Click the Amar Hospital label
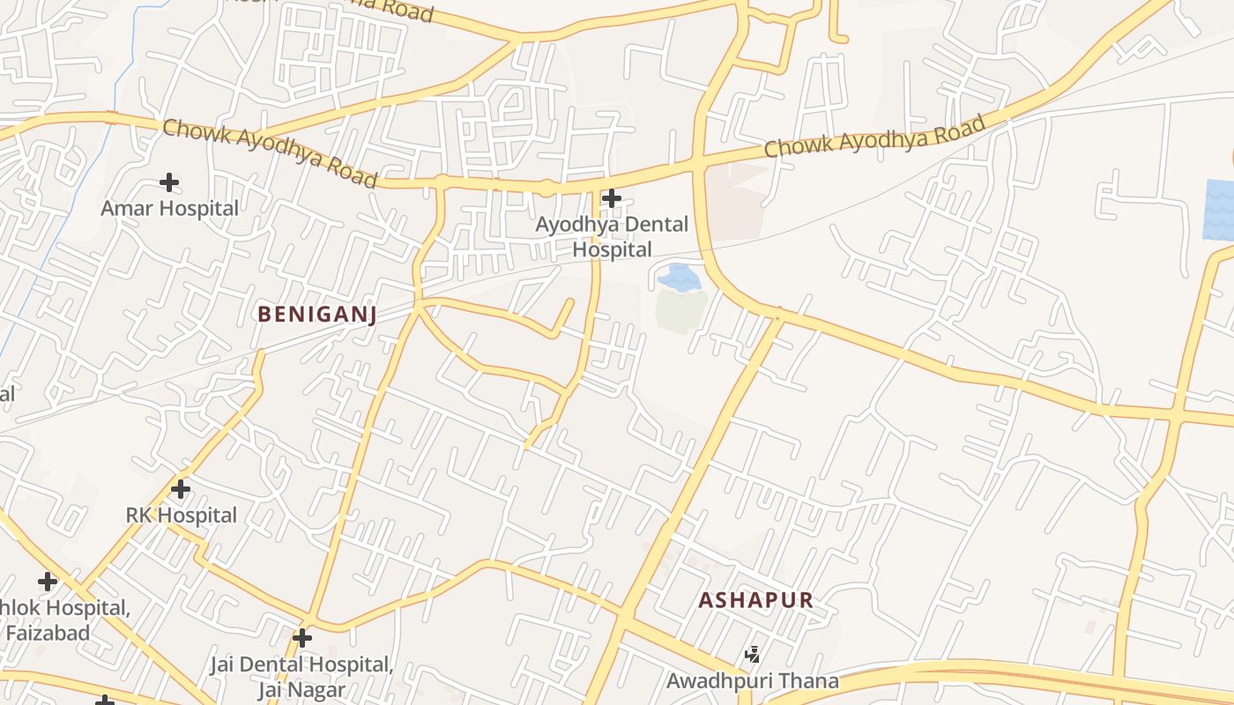click(169, 209)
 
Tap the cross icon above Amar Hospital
click(169, 182)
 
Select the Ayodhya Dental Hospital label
click(612, 237)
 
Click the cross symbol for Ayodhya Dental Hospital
click(611, 198)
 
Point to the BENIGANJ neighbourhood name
click(317, 314)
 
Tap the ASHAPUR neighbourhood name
click(755, 600)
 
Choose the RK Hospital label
click(182, 516)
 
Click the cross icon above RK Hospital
click(181, 488)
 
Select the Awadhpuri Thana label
click(752, 681)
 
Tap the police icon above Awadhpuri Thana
click(753, 654)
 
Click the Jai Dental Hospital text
click(301, 664)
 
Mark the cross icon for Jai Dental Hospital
click(302, 637)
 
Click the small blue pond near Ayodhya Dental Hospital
click(679, 278)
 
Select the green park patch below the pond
click(680, 311)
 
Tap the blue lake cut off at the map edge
click(1219, 210)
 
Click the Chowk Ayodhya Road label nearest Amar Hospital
click(270, 153)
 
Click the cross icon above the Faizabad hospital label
click(48, 582)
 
